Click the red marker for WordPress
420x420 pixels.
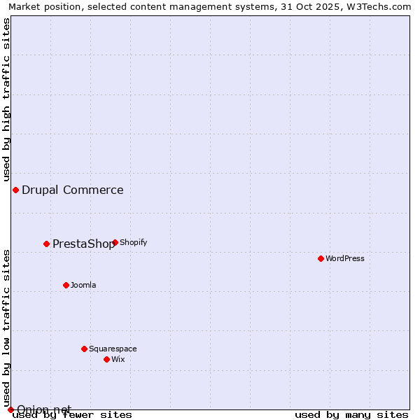tap(321, 258)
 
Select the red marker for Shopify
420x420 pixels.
tap(115, 243)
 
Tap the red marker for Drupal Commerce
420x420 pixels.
tap(15, 190)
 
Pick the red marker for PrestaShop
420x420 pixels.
tap(46, 244)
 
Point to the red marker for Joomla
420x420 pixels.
tap(66, 285)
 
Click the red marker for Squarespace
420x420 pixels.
tap(84, 349)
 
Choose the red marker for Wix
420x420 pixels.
tap(106, 359)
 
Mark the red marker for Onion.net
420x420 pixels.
tap(10, 409)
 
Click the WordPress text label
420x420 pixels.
tap(345, 258)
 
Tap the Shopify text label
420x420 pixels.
tap(134, 242)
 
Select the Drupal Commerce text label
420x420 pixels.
tap(73, 190)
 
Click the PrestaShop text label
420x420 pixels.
tap(83, 244)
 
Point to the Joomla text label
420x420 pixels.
tap(83, 285)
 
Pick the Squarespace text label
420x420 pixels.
tap(113, 349)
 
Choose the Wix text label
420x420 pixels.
tap(118, 359)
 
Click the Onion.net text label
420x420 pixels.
tap(44, 409)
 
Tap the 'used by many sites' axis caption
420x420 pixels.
tap(351, 414)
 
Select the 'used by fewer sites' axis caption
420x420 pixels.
tap(72, 414)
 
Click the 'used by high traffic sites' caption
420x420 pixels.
tap(6, 98)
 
